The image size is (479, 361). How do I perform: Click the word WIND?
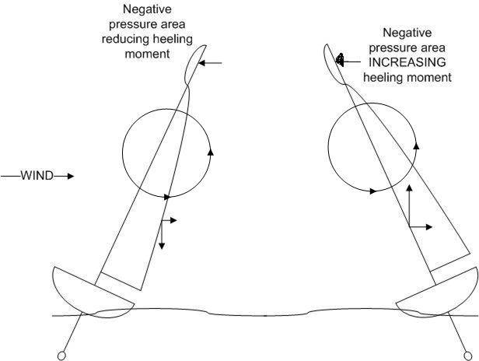(x=37, y=177)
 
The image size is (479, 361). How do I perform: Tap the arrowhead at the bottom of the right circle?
(x=375, y=190)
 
